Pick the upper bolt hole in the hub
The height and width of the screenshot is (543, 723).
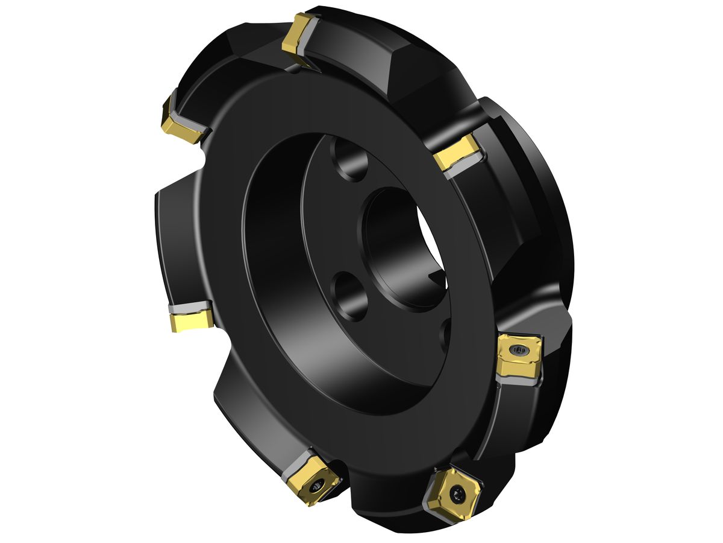[351, 162]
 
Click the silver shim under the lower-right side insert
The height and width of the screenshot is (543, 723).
[517, 378]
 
